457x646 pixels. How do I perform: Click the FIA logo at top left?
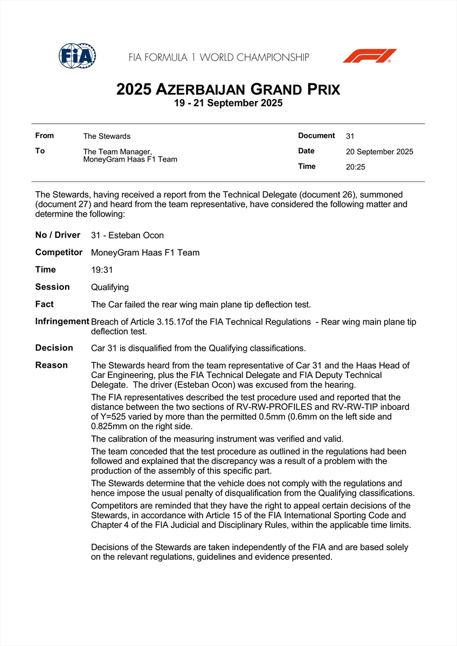77,55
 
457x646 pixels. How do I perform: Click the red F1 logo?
370,56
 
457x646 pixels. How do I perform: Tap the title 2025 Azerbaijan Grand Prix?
228,89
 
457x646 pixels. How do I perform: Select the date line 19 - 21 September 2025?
228,103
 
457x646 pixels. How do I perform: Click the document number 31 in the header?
350,136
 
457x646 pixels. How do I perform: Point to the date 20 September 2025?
379,152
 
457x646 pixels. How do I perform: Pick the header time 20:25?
355,167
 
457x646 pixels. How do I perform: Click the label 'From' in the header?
44,136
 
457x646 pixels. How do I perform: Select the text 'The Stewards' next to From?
107,136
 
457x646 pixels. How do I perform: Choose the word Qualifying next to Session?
110,287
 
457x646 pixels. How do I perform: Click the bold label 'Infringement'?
62,321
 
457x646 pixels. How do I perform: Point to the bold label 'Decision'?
54,348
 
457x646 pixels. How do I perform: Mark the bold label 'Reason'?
51,365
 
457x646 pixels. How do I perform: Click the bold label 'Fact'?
44,304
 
